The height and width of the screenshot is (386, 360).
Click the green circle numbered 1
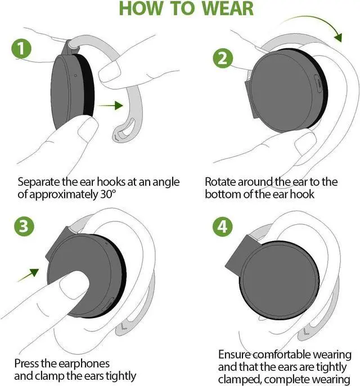pyautogui.click(x=21, y=48)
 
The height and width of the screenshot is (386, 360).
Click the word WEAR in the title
pyautogui.click(x=227, y=9)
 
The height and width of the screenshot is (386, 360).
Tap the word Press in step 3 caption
pyautogui.click(x=26, y=363)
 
